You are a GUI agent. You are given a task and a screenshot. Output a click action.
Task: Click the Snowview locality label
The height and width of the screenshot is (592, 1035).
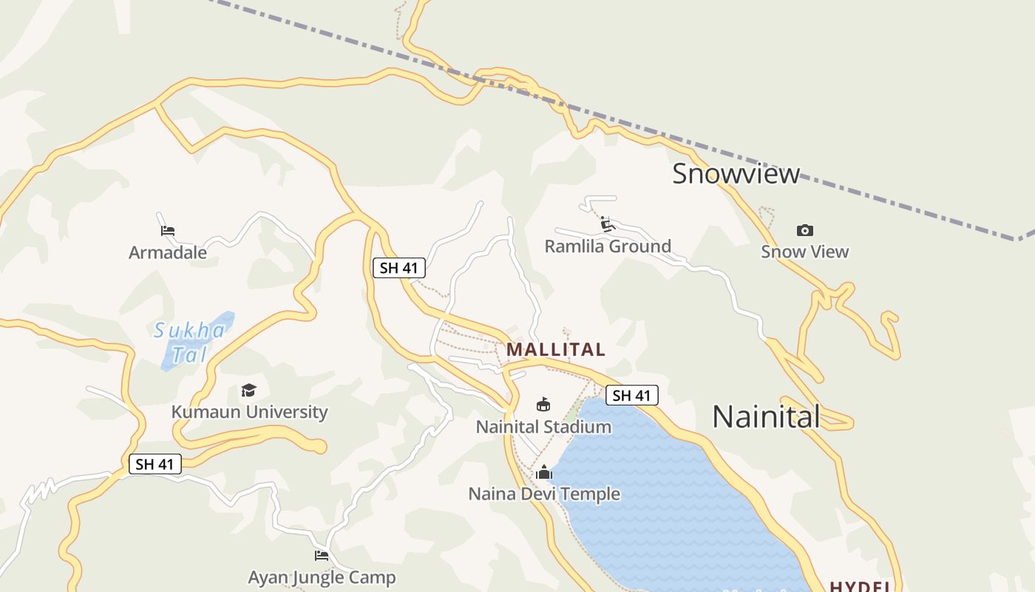pos(736,173)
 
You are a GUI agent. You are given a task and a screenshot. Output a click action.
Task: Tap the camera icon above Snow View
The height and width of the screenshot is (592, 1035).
pos(805,230)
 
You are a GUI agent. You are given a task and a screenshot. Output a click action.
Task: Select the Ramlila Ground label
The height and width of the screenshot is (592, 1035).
pos(608,246)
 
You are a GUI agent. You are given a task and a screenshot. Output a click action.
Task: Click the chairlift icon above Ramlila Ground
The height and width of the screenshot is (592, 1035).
pos(608,223)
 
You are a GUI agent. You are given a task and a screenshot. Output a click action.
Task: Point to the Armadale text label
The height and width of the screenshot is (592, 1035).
pos(168,252)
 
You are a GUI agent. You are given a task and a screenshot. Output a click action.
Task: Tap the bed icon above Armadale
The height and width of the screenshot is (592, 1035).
pos(168,231)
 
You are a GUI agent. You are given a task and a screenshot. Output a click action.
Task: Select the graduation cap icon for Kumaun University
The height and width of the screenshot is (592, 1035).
pos(248,390)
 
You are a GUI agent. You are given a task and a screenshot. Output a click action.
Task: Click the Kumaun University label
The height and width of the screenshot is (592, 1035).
pos(249,411)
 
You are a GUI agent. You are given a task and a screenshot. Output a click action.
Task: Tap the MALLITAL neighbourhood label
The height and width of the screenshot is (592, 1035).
pos(556,349)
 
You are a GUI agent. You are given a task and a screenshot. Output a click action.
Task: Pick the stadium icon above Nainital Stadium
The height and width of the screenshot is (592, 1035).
pos(543,404)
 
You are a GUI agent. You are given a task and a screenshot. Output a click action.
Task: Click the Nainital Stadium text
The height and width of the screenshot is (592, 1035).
pos(543,427)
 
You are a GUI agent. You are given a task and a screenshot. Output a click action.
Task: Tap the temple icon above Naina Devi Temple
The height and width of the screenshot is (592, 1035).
pos(544,471)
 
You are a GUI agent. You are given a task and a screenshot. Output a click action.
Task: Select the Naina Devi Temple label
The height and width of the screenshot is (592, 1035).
pos(544,494)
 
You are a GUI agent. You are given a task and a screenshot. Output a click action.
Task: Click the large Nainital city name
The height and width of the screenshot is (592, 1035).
pos(766,417)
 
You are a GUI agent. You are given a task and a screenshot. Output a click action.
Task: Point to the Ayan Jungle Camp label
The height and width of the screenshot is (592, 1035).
pos(322,577)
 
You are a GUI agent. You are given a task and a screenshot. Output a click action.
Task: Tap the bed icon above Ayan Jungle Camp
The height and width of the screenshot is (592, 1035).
pos(322,555)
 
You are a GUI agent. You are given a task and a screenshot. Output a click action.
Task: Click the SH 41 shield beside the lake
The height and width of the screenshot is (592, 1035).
pos(632,395)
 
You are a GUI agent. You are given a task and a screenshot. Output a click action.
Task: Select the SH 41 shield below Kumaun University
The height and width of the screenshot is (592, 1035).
pos(155,464)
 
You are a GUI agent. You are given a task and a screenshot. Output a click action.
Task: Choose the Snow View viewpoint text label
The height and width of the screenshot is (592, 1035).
pos(805,252)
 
